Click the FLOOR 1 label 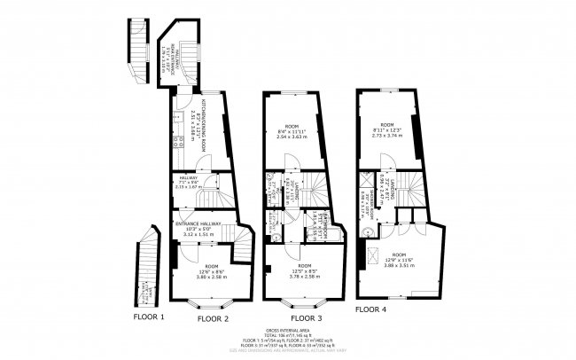[149, 317]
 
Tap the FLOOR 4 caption [370, 309]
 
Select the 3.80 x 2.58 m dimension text [211, 278]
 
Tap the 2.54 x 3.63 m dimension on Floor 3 [292, 137]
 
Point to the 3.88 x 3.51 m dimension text [401, 263]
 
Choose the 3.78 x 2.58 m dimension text [304, 277]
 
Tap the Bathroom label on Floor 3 [325, 229]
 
